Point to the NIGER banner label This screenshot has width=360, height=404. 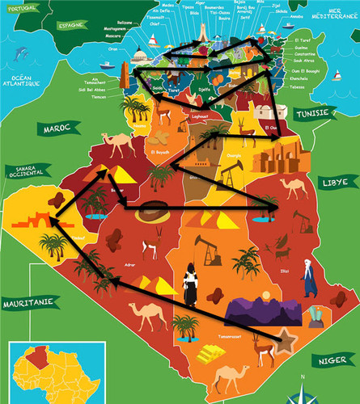(333, 359)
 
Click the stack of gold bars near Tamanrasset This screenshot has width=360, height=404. (210, 353)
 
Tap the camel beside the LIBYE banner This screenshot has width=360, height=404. (291, 187)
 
